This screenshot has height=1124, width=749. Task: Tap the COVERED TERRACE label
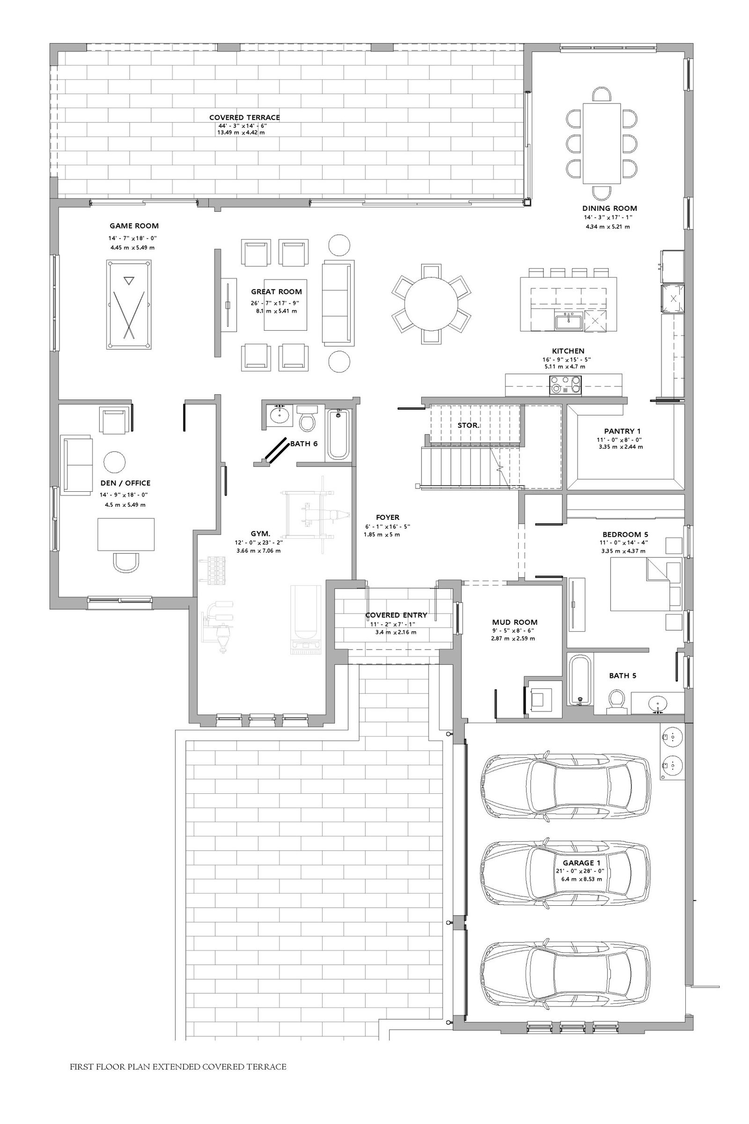coord(244,117)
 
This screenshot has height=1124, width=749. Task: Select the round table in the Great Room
coord(431,304)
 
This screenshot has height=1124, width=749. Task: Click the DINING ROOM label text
coord(609,208)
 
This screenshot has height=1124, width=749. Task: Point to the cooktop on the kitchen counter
coord(566,385)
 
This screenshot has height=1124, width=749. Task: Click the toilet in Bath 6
coord(306,419)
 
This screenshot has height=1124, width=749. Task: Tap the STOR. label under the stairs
coord(469,425)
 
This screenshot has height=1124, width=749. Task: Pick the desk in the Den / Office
coord(126,534)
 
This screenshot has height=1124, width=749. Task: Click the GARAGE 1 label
coord(581,863)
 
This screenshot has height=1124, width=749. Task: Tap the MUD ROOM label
coord(514,622)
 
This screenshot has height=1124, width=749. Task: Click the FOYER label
coord(388,517)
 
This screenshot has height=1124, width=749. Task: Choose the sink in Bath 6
coord(279,414)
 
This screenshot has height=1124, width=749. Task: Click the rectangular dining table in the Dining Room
coord(602,143)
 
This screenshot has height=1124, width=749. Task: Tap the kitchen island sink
coord(568,322)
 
